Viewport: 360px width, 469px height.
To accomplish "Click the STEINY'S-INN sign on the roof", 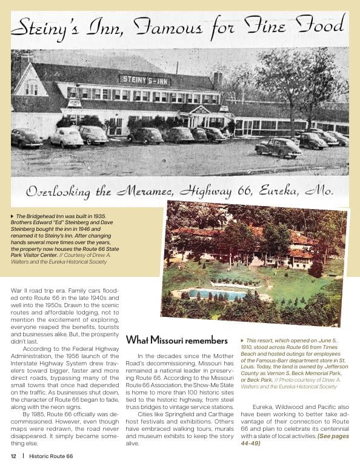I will (x=144, y=79).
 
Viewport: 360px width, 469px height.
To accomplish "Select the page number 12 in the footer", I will (x=13, y=456).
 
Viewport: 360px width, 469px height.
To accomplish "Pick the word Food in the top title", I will (x=319, y=26).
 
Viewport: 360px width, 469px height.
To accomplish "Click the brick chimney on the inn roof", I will (x=216, y=79).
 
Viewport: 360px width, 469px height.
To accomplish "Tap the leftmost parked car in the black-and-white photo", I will (x=27, y=138).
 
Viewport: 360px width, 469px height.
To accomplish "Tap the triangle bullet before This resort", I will (x=243, y=341).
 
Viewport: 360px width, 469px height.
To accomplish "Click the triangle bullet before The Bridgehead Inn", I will (x=13, y=216).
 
